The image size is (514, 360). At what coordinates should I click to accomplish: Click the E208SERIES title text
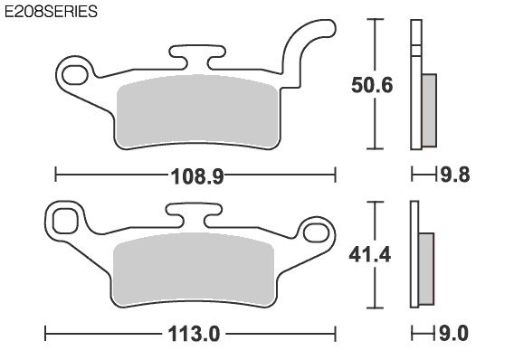click(x=51, y=12)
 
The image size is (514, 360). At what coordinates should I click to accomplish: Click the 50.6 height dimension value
click(x=372, y=86)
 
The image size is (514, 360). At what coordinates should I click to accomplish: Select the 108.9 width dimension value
click(x=197, y=176)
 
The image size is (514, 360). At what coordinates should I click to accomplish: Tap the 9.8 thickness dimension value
click(x=455, y=175)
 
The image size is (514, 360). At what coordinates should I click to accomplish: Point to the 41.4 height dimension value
click(x=370, y=254)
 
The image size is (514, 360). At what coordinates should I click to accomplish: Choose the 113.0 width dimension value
click(x=194, y=334)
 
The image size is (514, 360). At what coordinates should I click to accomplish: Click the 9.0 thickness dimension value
click(x=453, y=334)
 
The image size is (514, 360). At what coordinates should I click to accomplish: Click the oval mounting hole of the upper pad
click(x=75, y=75)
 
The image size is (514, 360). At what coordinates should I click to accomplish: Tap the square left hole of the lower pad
click(x=65, y=221)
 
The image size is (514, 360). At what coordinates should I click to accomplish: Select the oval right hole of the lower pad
click(x=316, y=232)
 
